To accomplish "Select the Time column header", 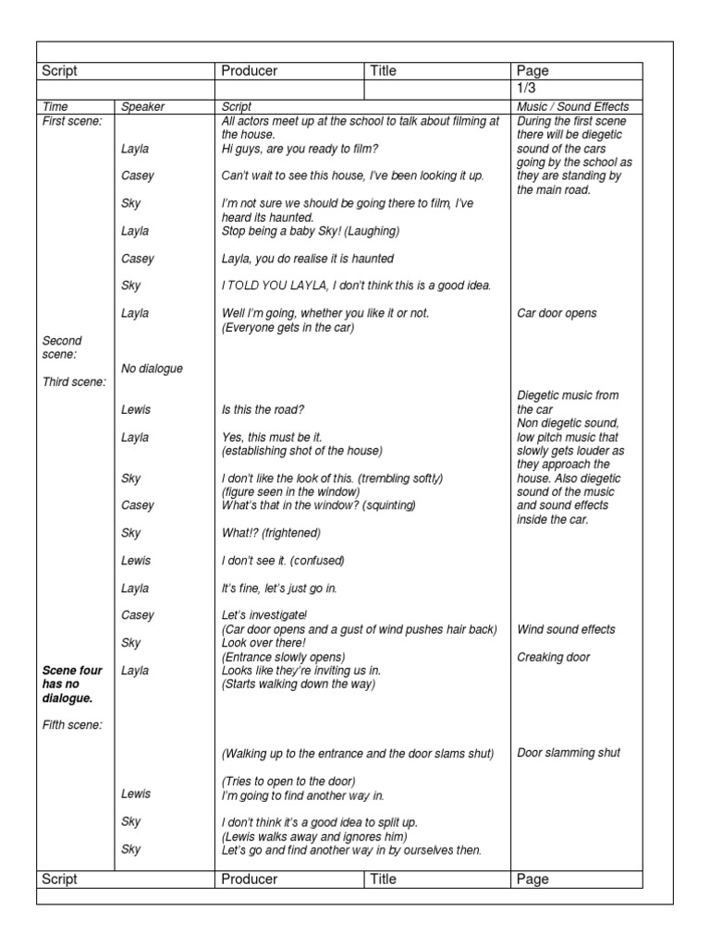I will pyautogui.click(x=56, y=107).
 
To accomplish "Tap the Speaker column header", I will pyautogui.click(x=142, y=107).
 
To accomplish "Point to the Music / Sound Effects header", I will pyautogui.click(x=573, y=107).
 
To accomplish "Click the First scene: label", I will pyautogui.click(x=72, y=121).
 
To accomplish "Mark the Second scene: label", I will pyautogui.click(x=63, y=347).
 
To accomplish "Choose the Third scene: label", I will pyautogui.click(x=74, y=382).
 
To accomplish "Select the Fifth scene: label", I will pyautogui.click(x=72, y=725).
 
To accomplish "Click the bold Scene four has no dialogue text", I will pyautogui.click(x=73, y=684).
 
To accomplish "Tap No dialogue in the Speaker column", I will pyautogui.click(x=152, y=369).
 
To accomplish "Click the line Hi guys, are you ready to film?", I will pyautogui.click(x=300, y=148).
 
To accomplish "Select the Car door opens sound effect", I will pyautogui.click(x=557, y=313).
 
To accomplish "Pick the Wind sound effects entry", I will pyautogui.click(x=566, y=629).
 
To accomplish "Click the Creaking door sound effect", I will pyautogui.click(x=553, y=657).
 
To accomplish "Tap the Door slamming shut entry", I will pyautogui.click(x=569, y=753).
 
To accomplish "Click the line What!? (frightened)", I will pyautogui.click(x=271, y=533).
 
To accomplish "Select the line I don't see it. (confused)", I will pyautogui.click(x=282, y=561).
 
